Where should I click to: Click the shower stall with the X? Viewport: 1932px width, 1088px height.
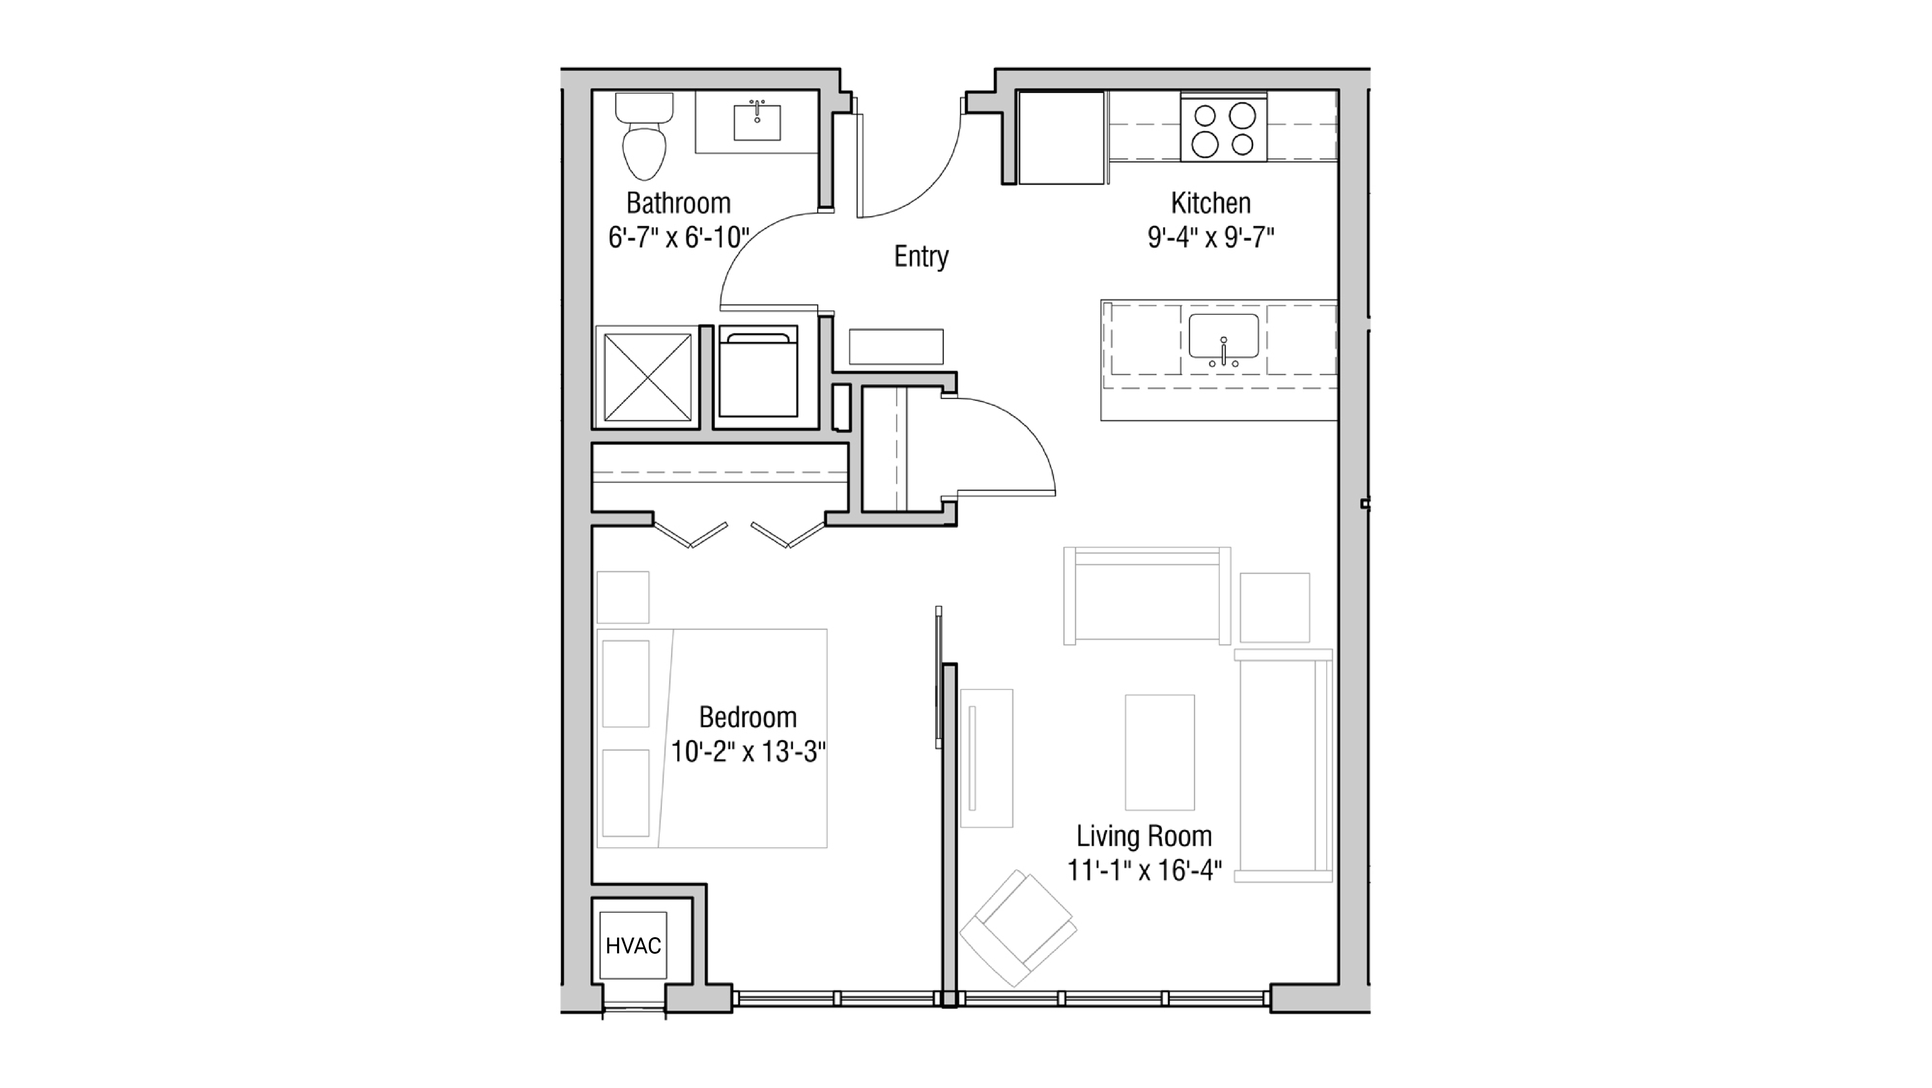point(647,377)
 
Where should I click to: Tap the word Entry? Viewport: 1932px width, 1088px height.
point(921,256)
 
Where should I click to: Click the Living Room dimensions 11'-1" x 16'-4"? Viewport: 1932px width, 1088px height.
point(1144,870)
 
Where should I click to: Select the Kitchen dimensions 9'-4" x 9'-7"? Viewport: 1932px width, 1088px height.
point(1210,238)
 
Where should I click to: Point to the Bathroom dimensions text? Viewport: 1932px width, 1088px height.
point(678,238)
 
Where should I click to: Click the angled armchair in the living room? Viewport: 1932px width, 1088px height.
point(1018,928)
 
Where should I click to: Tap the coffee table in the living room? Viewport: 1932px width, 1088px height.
point(1160,752)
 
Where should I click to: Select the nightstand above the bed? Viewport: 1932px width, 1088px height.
point(622,597)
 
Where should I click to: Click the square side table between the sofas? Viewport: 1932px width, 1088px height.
point(1274,608)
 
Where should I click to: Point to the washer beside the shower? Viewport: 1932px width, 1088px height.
point(758,372)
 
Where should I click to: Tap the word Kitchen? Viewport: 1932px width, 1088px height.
point(1210,203)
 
